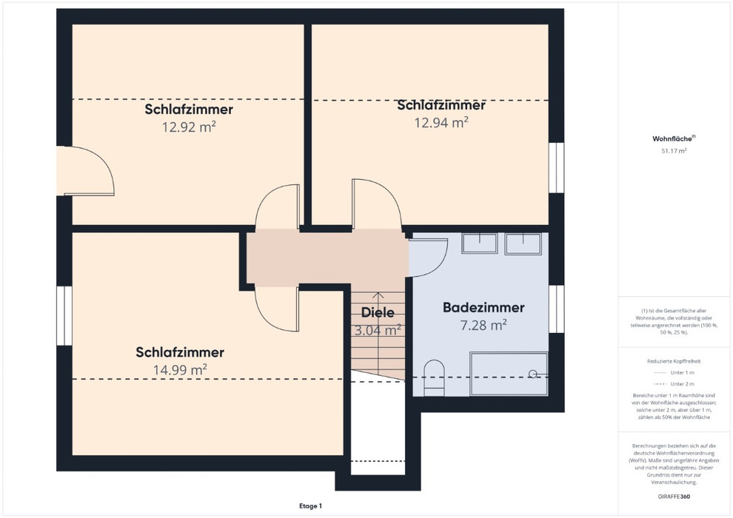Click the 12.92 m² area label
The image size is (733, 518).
click(x=189, y=127)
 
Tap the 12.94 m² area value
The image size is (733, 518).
click(x=441, y=122)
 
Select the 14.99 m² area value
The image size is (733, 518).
click(x=180, y=370)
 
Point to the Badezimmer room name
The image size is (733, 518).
click(x=483, y=307)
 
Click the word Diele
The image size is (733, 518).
click(x=378, y=312)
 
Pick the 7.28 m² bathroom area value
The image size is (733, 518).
click(x=483, y=325)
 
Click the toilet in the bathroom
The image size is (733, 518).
click(x=434, y=378)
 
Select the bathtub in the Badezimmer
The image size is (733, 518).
click(x=509, y=374)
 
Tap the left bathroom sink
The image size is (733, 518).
click(x=480, y=243)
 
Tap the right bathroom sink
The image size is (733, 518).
click(x=523, y=243)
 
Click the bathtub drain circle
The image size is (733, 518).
click(x=532, y=374)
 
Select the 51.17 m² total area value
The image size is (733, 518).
click(x=674, y=151)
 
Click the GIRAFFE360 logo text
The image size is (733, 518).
click(x=674, y=497)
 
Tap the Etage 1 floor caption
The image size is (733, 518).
click(x=311, y=506)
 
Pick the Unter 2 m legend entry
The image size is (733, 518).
click(x=674, y=384)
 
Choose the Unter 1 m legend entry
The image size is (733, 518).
click(x=674, y=373)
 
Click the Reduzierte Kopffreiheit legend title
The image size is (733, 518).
click(x=674, y=361)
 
